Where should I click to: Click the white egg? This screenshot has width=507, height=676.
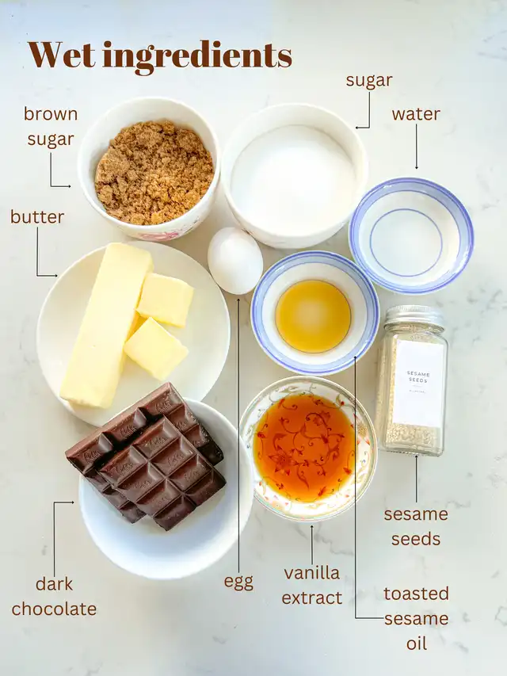(x=235, y=261)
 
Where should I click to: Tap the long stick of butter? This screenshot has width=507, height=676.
(x=105, y=326)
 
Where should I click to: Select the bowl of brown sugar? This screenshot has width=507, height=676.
(x=149, y=169)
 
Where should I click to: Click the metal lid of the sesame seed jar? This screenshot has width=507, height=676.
(x=414, y=317)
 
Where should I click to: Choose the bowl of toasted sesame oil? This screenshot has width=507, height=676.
(x=314, y=312)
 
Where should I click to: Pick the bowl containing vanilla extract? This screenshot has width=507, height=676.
(x=308, y=449)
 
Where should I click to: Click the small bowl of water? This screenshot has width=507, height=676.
(x=411, y=235)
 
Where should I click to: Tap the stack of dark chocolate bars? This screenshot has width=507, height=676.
(x=147, y=457)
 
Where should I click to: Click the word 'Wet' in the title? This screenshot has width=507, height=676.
(x=62, y=55)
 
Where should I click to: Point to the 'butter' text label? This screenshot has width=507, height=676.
(x=37, y=216)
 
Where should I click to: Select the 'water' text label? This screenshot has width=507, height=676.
(x=416, y=114)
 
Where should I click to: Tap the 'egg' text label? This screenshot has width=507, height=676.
(x=238, y=582)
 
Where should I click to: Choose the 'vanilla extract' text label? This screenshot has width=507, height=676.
(x=311, y=586)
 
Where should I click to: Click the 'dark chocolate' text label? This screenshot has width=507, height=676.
(x=55, y=597)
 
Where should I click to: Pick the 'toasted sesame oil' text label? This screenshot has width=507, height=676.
(x=417, y=618)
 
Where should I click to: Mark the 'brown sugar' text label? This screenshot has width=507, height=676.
(x=51, y=126)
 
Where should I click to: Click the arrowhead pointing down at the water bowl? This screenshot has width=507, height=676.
(x=417, y=167)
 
